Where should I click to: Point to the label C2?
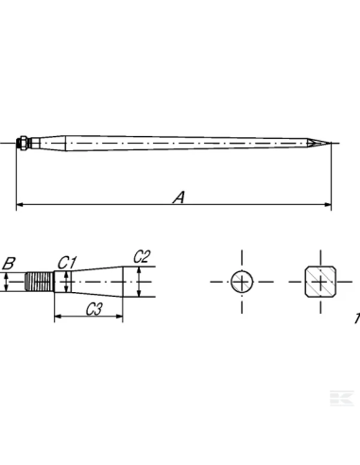(142, 256)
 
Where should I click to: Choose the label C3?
(94, 308)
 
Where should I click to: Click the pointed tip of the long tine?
(330, 145)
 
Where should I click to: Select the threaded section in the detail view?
(40, 282)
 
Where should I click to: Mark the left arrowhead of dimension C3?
(57, 317)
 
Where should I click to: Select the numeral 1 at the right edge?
(356, 319)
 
